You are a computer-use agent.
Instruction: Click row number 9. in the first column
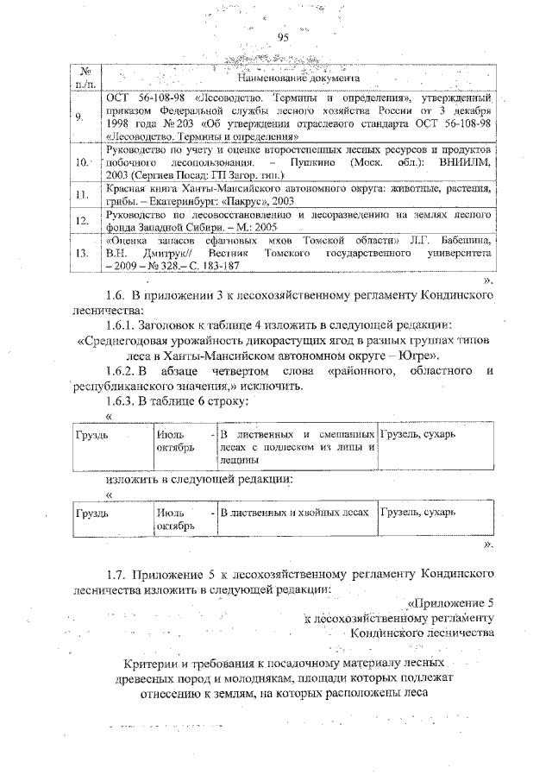pyautogui.click(x=80, y=117)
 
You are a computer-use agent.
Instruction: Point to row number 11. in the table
pyautogui.click(x=83, y=195)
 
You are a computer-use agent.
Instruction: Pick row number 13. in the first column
pyautogui.click(x=83, y=254)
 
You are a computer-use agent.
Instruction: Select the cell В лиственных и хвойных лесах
pyautogui.click(x=294, y=513)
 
